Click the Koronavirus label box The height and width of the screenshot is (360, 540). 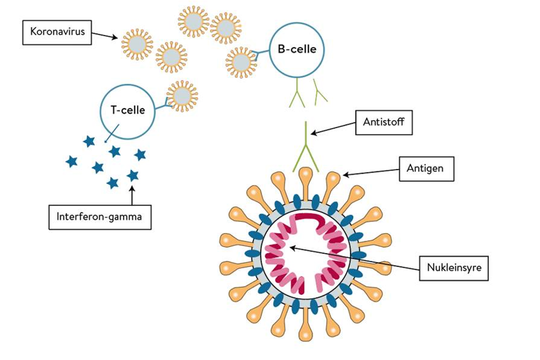[53, 32]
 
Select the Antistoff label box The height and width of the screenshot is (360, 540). [384, 121]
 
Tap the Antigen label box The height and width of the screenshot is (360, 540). [426, 167]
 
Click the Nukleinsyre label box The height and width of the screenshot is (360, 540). [454, 269]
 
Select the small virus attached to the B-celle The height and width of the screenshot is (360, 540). [241, 61]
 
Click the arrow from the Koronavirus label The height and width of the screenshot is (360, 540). [104, 36]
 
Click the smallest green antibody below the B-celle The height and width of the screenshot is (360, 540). [320, 92]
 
